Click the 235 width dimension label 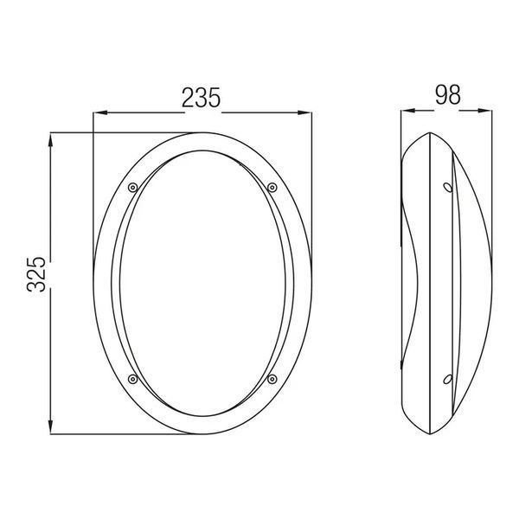coord(201,98)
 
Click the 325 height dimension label coord(36,274)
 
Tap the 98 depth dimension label coord(447,95)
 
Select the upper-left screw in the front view coord(132,188)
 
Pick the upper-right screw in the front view coord(272,188)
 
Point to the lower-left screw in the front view coord(132,379)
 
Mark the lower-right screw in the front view coord(272,379)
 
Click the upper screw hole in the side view coord(448,188)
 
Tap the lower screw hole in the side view coord(448,380)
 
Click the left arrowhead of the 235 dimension coord(100,112)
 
